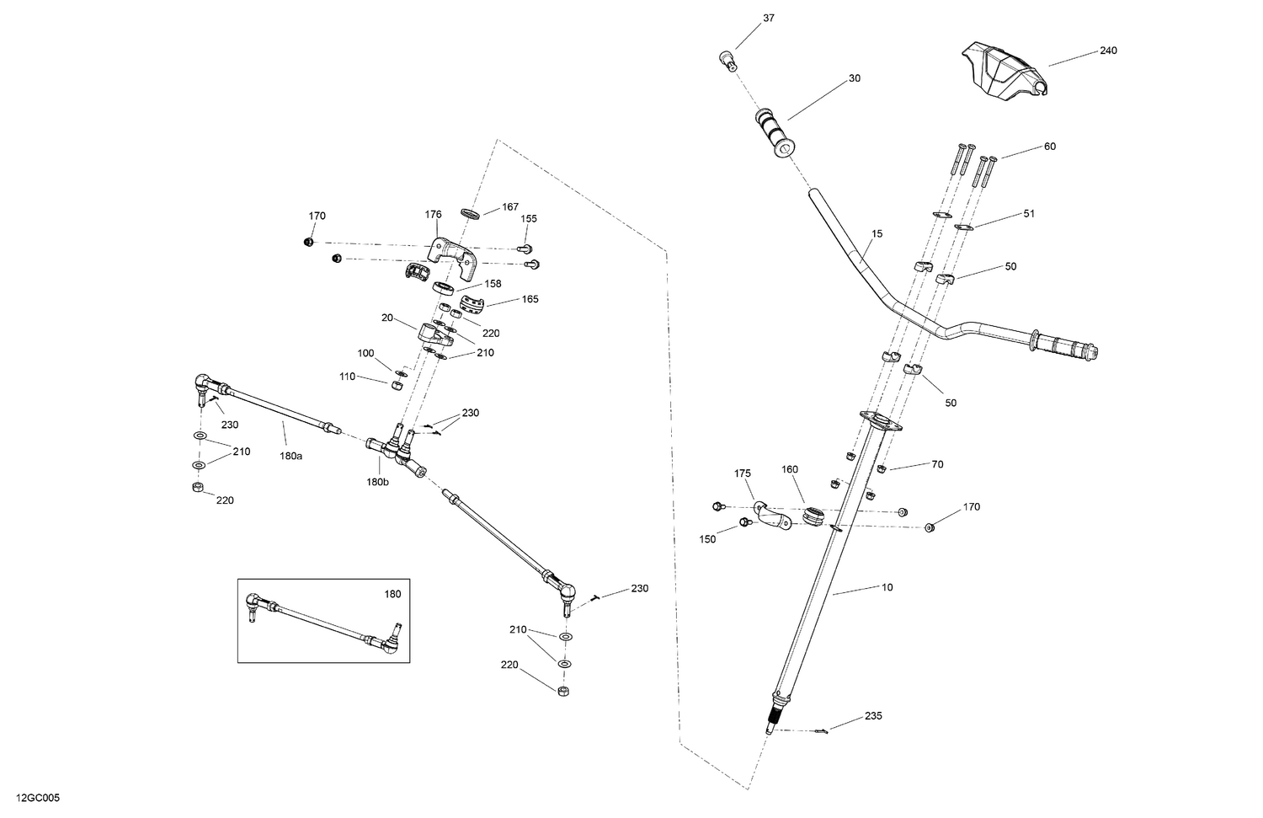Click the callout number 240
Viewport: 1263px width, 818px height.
tap(1108, 51)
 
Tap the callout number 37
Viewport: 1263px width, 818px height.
tap(768, 18)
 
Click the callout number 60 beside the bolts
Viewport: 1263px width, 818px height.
tap(1049, 147)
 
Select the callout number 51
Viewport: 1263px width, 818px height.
tap(1028, 213)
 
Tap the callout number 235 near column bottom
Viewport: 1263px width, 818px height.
tap(873, 716)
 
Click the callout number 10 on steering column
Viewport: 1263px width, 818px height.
tap(887, 587)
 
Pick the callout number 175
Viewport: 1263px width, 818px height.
tap(742, 473)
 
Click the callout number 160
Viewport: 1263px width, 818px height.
tap(789, 469)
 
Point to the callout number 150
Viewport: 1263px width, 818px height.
tap(707, 539)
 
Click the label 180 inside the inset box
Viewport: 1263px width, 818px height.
tap(392, 594)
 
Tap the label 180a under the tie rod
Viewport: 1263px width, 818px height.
tap(290, 456)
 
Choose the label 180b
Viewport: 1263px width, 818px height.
tap(378, 482)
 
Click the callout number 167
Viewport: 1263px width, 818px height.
tap(510, 207)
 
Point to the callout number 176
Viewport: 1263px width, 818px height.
tap(433, 215)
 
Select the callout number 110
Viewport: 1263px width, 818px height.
tap(347, 377)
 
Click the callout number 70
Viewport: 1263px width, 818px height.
tap(937, 463)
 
